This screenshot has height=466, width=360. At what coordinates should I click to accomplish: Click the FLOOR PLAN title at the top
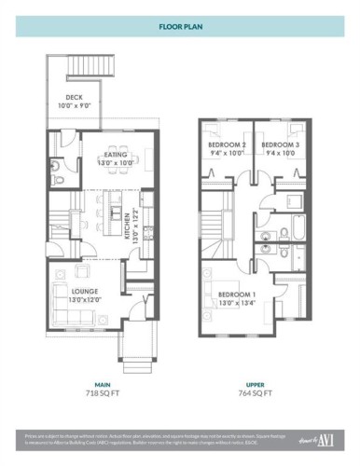tap(180, 28)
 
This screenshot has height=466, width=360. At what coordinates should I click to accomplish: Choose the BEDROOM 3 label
tap(280, 145)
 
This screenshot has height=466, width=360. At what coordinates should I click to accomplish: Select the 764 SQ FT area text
tap(253, 395)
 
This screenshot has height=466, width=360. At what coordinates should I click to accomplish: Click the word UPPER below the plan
tap(253, 384)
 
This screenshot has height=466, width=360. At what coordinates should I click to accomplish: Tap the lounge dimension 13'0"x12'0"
tap(59, 300)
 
